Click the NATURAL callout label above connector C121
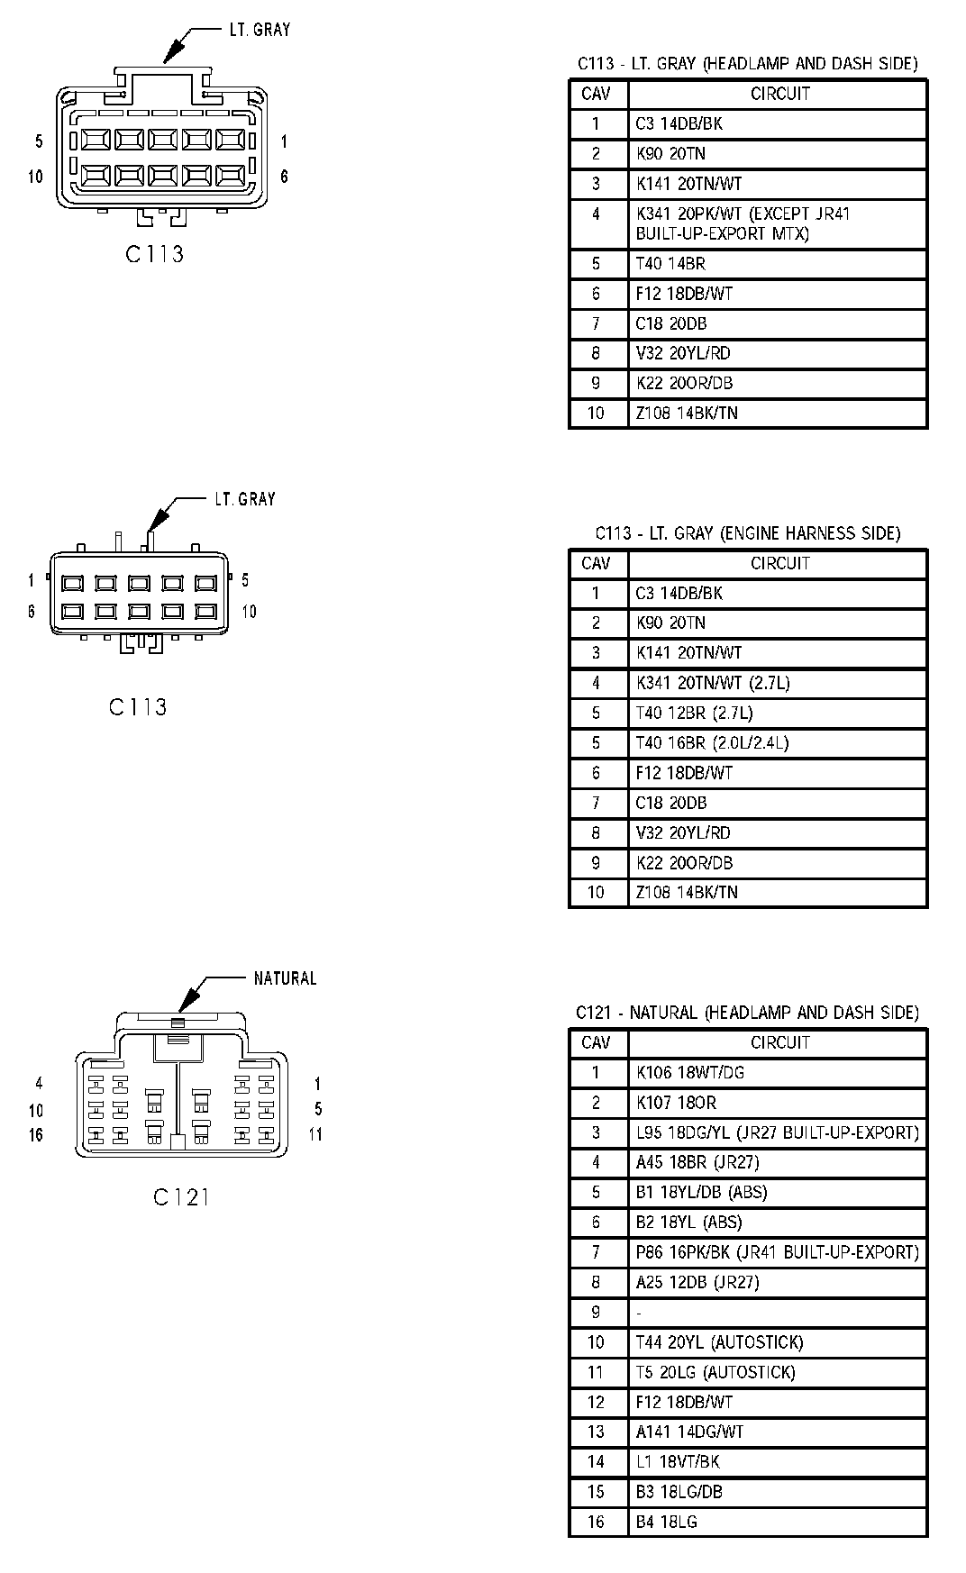coord(285,978)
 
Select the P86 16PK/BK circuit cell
coord(778,1252)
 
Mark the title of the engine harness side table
coord(747,533)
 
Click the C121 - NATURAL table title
coord(747,1013)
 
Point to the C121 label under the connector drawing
coord(181,1196)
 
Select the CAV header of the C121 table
coord(597,1042)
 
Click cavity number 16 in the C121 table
coord(597,1522)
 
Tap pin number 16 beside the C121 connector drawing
coord(36,1134)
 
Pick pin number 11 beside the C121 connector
coord(315,1134)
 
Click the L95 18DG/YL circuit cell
coord(778,1132)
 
